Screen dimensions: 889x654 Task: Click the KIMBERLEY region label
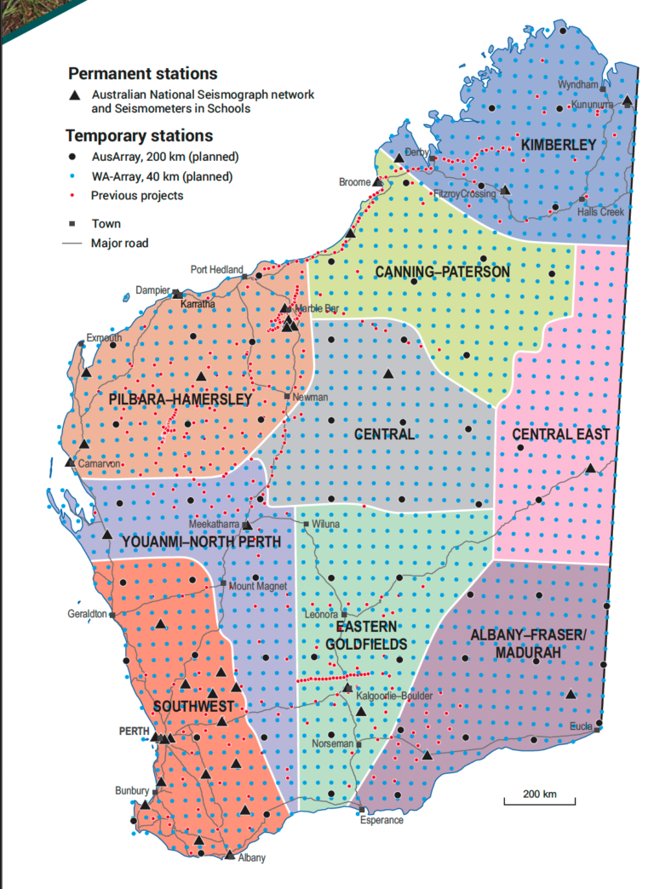point(559,145)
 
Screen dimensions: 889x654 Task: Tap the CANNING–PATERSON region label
point(442,272)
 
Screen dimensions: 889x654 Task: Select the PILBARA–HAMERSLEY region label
point(180,399)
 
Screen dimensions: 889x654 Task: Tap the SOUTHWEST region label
point(193,707)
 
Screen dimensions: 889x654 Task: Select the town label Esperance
point(381,820)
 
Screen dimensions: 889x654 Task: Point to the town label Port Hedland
point(216,270)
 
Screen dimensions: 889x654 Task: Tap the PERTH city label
point(135,731)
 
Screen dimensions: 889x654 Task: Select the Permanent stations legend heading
point(142,74)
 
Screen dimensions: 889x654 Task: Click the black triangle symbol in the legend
point(76,95)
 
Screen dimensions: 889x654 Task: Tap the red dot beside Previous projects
point(76,195)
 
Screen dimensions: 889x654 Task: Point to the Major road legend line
point(75,243)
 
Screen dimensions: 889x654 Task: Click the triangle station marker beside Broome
point(377,181)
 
